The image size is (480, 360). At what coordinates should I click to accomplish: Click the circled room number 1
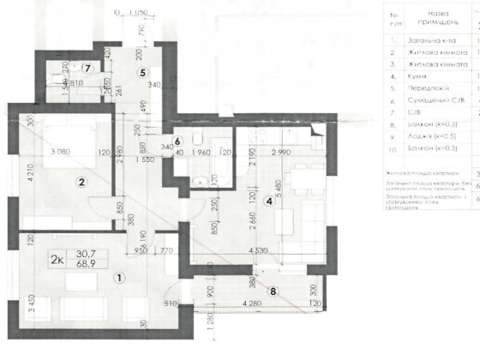pyautogui.click(x=118, y=277)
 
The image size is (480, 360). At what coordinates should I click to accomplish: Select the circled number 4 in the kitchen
pyautogui.click(x=267, y=201)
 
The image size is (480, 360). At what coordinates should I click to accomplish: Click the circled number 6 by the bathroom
pyautogui.click(x=177, y=141)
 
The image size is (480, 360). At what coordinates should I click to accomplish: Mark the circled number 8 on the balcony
pyautogui.click(x=273, y=290)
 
